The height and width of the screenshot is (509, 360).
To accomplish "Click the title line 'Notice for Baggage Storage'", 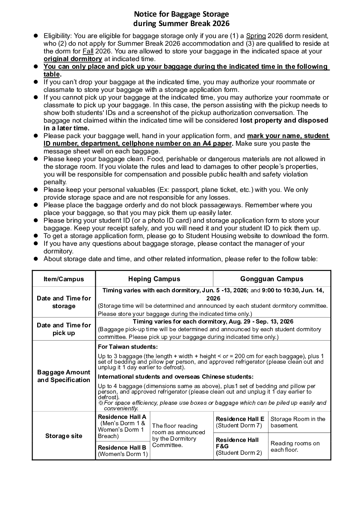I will tap(181, 14).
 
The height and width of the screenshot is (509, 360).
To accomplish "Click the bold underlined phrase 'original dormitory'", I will tap(73, 59).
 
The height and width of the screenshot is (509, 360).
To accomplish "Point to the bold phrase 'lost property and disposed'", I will tap(284, 121).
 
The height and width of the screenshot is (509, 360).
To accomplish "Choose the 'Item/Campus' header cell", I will tap(64, 279).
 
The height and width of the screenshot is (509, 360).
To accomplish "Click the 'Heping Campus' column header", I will tap(154, 279).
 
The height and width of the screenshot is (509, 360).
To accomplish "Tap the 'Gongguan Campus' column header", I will tap(271, 279).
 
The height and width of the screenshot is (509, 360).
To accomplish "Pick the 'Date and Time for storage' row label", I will tap(64, 302).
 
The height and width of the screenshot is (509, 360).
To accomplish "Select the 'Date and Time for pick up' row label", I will tap(64, 329).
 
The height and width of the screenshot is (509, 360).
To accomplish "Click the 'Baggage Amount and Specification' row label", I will tap(64, 376).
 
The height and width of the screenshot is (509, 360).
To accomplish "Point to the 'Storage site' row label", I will tap(64, 436).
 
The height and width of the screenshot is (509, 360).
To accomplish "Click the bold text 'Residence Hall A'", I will tap(122, 417).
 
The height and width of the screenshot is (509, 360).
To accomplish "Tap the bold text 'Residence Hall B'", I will tap(122, 447).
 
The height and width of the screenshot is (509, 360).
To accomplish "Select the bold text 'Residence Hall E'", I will tap(240, 419).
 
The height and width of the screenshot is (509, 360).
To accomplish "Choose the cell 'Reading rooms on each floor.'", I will tap(295, 447).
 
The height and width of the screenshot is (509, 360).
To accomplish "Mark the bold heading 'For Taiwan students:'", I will tap(128, 347).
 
